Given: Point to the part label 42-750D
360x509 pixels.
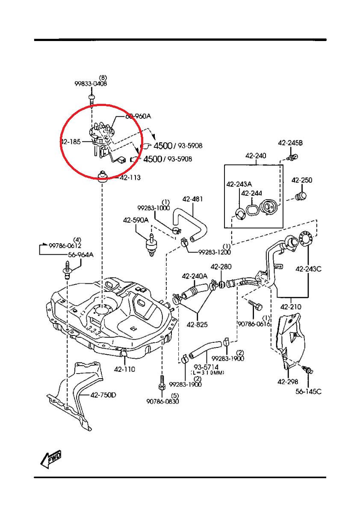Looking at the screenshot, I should pos(103,395).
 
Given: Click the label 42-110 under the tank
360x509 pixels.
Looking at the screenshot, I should pos(124,369).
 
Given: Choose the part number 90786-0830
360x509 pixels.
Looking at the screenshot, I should pos(162,402).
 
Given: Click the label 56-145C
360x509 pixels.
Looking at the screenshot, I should pos(308,391).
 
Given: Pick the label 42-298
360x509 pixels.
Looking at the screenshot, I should pos(287,382).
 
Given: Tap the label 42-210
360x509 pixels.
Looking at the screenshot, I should pos(291,306).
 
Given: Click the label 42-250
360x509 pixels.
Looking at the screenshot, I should pos(302,180).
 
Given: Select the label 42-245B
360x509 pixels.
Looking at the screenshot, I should pos(290,143).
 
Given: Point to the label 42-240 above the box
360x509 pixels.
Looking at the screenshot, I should pos(256,156).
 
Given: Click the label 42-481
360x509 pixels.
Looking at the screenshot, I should pos(192,199).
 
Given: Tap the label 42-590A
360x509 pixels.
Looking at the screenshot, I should pos(136,220).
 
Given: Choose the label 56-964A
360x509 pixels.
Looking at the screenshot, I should pos(80,255).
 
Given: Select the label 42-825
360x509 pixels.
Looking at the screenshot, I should pos(197,324).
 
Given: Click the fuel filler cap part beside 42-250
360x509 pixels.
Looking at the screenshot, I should pos(301,197).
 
